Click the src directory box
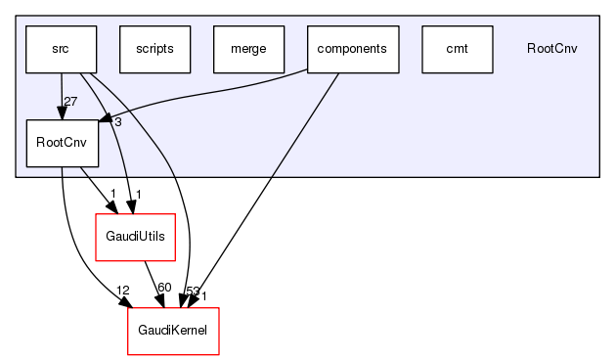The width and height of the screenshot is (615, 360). click(x=61, y=49)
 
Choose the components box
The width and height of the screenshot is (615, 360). click(x=353, y=49)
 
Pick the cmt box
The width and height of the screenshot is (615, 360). click(x=457, y=49)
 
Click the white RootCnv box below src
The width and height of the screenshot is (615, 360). click(x=61, y=143)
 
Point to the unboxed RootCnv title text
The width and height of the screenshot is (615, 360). click(x=551, y=49)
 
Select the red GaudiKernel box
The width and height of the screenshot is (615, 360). click(x=173, y=331)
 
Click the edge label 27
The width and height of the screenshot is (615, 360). click(x=69, y=102)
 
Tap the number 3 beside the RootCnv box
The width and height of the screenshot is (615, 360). click(x=116, y=122)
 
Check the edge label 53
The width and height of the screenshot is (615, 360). click(x=191, y=292)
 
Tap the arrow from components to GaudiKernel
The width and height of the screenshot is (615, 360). click(x=274, y=186)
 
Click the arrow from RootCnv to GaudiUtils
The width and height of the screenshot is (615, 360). click(x=93, y=186)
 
